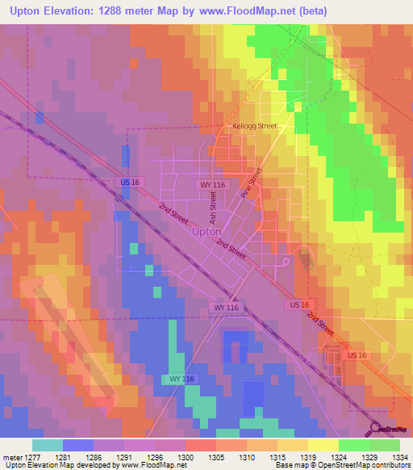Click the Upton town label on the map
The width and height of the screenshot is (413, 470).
[x=207, y=232]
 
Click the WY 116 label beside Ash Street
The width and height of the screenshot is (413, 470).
[x=211, y=185]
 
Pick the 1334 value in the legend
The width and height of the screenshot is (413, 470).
[x=399, y=457]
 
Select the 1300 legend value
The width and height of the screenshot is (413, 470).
[x=186, y=457]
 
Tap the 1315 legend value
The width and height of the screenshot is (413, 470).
[x=277, y=457]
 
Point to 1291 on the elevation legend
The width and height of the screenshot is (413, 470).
[x=124, y=457]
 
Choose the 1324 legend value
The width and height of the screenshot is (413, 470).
[x=338, y=457]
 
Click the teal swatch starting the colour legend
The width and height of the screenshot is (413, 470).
[x=48, y=445]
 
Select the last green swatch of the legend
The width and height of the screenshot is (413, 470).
[x=384, y=445]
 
